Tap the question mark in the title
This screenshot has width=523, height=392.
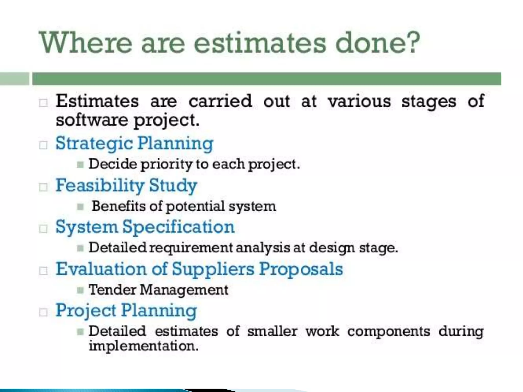(410, 42)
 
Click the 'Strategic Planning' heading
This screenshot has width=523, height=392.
(134, 143)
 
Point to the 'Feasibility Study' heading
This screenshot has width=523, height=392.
(126, 186)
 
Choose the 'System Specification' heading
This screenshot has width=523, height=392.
(145, 227)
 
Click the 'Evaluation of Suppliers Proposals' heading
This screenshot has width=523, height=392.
(199, 269)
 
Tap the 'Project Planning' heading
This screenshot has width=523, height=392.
(126, 311)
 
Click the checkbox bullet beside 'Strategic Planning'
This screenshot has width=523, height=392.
(43, 145)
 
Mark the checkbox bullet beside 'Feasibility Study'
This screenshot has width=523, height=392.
(43, 187)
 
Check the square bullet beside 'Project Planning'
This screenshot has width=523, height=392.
(43, 312)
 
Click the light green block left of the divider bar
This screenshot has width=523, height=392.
(15, 79)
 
